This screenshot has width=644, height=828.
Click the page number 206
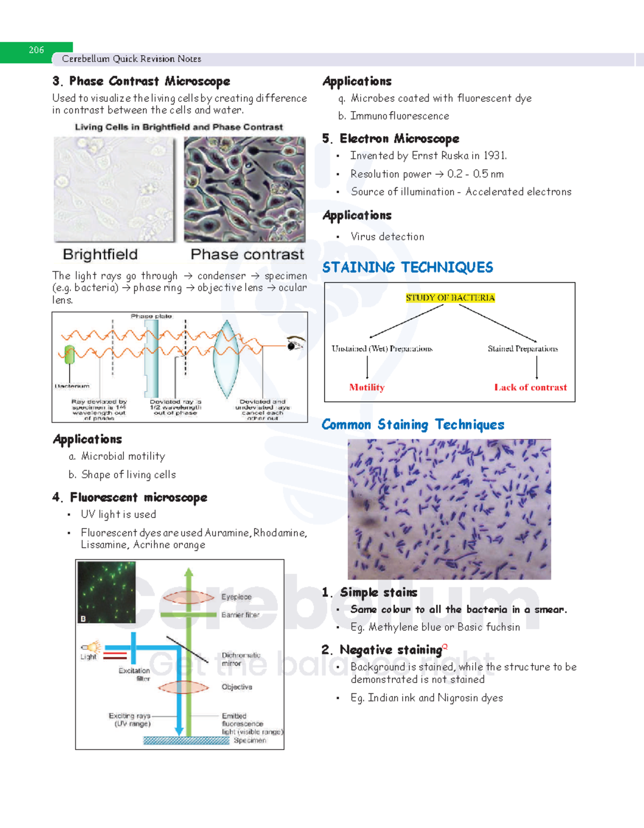pos(36,50)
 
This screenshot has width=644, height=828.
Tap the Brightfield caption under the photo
pos(100,254)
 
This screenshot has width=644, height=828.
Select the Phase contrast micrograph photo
pos(245,189)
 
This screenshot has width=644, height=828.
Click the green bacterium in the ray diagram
pos(69,355)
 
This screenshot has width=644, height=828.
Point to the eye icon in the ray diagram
pos(295,343)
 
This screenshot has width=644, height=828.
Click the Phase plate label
pos(151,317)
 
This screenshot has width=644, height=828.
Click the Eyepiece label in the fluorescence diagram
pos(236,597)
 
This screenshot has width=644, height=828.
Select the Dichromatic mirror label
pos(240,659)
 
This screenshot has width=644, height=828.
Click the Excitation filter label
pos(135,675)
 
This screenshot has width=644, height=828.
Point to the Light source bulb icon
pos(92,647)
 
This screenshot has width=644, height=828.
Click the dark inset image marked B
pos(106,592)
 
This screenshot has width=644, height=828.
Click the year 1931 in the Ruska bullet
pos(494,156)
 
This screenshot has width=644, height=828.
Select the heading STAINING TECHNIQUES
pos(407,267)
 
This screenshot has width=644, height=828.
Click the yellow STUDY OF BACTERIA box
pos(450,298)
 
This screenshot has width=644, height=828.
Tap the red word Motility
pos(367,387)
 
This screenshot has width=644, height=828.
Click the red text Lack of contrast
pos(530,387)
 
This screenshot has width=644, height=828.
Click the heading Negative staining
pos(391,650)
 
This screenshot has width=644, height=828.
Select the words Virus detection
pos(387,237)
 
